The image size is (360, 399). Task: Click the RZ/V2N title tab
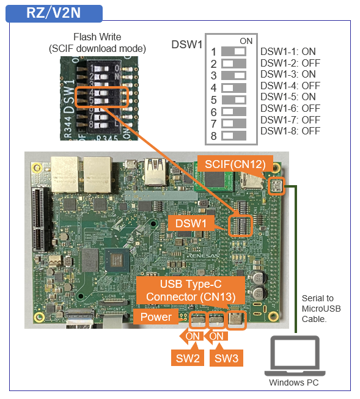[x=54, y=13]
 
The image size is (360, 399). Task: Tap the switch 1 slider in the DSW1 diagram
[x=233, y=51]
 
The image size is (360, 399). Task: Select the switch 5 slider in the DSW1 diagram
[x=233, y=100]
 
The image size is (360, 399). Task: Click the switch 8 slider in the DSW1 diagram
[x=233, y=136]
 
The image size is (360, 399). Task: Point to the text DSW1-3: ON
[x=288, y=75]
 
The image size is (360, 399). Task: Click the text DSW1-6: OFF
[x=290, y=108]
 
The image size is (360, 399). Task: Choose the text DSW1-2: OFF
[x=290, y=63]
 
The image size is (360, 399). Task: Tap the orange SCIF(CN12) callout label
[x=235, y=164]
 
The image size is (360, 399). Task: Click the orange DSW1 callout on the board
[x=191, y=224]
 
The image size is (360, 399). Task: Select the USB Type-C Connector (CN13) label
[x=191, y=290]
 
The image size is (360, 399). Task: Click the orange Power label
[x=156, y=317]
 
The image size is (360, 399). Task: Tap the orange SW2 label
[x=188, y=358]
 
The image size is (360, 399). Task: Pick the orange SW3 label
[x=226, y=358]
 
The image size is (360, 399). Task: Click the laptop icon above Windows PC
[x=295, y=356]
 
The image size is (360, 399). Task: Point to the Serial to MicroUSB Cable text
[x=321, y=309]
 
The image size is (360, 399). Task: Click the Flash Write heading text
[x=97, y=37]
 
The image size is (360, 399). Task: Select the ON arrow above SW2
[x=191, y=337]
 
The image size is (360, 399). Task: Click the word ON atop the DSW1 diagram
[x=246, y=41]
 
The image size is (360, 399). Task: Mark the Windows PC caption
[x=294, y=383]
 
